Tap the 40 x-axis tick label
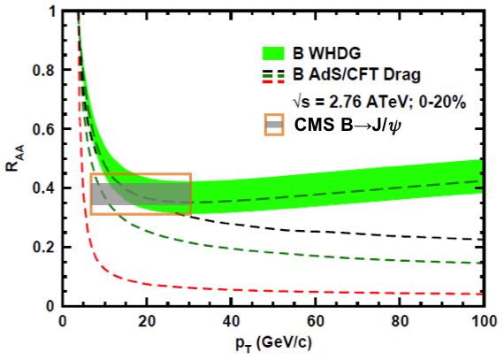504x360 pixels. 232,320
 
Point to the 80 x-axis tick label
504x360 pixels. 401,320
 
